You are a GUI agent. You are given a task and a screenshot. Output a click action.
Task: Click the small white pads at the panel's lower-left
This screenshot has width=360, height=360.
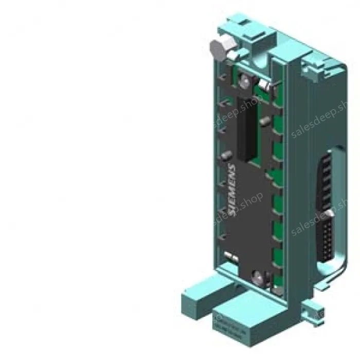point(230,255)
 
